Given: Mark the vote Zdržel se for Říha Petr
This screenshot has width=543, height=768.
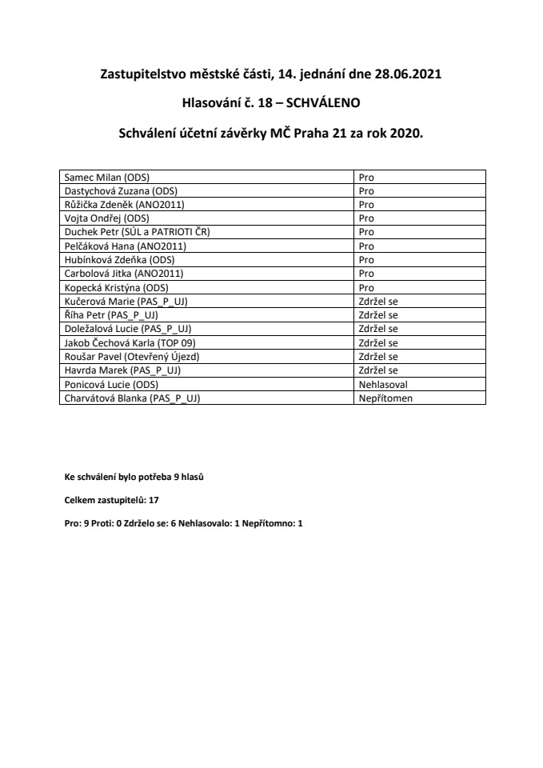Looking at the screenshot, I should click(x=378, y=314).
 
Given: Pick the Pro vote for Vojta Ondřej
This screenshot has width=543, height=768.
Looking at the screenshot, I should click(x=366, y=218).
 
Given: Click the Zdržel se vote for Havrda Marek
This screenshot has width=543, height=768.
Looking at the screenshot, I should click(x=378, y=370).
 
